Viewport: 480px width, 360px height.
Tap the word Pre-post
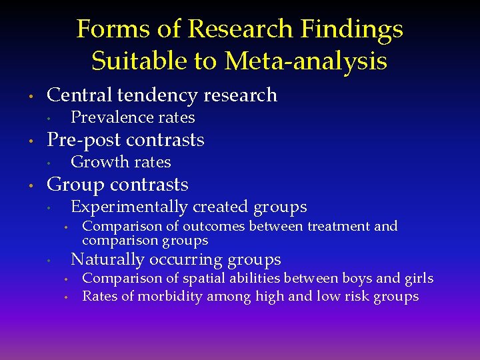(x=83, y=140)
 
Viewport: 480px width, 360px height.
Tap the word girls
(x=418, y=279)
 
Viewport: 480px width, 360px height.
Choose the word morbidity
(x=169, y=296)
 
